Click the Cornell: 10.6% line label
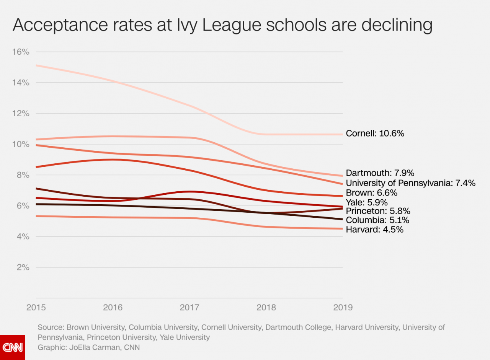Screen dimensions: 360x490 (x=375, y=134)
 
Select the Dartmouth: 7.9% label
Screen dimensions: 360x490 (x=380, y=173)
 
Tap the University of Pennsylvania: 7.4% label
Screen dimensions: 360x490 (x=410, y=183)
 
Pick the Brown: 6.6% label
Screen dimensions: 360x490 (x=371, y=193)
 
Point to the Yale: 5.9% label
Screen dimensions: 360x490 (x=367, y=202)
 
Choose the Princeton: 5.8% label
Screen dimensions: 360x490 (x=378, y=211)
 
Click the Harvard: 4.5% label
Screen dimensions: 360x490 (x=374, y=230)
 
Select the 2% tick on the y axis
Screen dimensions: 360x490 (x=23, y=267)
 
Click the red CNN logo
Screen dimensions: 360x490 (x=13, y=347)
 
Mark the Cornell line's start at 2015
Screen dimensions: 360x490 (x=36, y=65)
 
